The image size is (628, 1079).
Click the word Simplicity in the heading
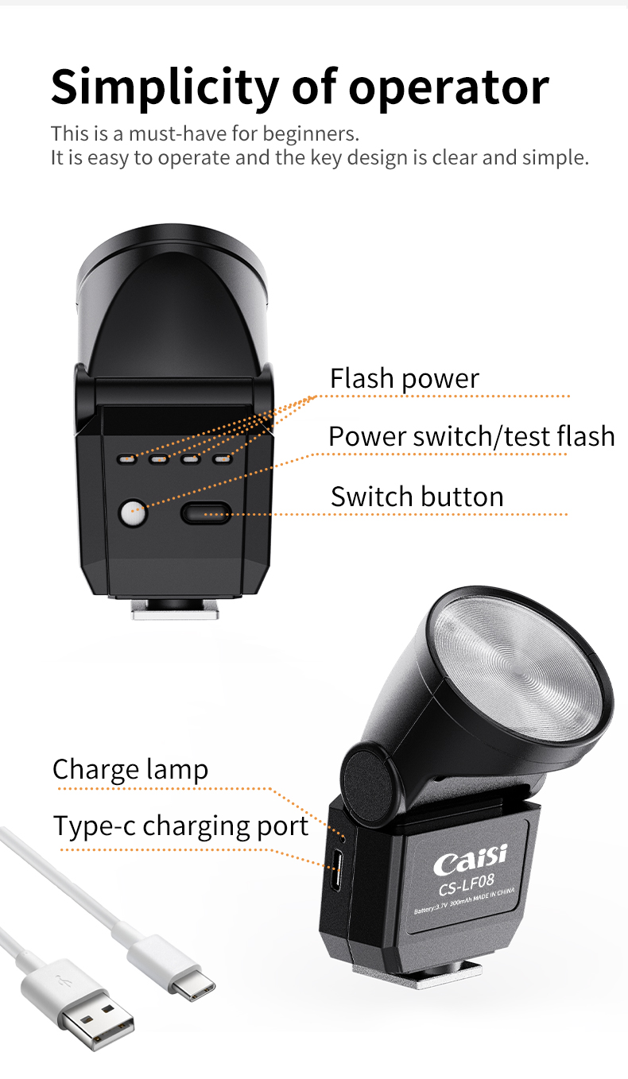click(x=165, y=87)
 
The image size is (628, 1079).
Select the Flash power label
click(x=405, y=379)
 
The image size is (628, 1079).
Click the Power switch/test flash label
click(x=471, y=436)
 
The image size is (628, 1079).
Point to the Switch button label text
click(x=417, y=497)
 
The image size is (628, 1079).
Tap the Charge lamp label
click(x=130, y=770)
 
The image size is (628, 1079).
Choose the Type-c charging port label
click(x=180, y=826)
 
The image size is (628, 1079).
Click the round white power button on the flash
click(x=133, y=512)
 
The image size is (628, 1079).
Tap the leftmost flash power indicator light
click(x=127, y=459)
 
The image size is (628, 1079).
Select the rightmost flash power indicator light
click(x=222, y=458)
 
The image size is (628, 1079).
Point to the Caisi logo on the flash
click(x=470, y=858)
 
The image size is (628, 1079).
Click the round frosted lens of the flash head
click(x=518, y=668)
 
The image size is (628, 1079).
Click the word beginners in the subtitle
click(x=310, y=134)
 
